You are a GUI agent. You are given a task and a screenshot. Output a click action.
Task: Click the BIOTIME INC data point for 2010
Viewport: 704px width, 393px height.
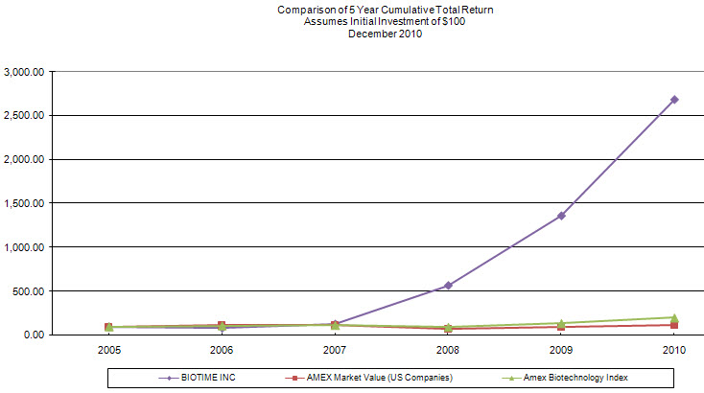click(x=674, y=100)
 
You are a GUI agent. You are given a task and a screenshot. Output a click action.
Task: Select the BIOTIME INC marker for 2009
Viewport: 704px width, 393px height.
click(x=561, y=216)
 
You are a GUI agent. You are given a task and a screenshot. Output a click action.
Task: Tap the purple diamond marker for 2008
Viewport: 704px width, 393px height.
click(x=448, y=286)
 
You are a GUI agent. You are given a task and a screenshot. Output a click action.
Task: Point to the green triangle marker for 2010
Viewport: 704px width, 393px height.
click(x=674, y=318)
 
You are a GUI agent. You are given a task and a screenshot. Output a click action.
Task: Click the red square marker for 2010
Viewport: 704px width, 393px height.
click(x=674, y=324)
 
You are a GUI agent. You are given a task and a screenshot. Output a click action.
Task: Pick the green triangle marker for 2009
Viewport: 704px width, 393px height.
click(x=561, y=323)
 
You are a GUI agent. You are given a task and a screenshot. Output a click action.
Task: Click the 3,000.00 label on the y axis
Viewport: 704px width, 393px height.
click(x=24, y=72)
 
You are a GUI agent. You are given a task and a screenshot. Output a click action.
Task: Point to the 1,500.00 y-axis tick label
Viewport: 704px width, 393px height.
click(x=24, y=203)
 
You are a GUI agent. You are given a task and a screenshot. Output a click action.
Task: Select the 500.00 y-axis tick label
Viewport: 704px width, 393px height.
click(x=29, y=291)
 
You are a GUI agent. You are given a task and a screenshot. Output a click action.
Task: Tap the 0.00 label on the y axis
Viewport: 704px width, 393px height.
click(x=34, y=335)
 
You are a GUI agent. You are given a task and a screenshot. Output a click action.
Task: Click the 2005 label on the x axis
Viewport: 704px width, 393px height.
click(x=109, y=350)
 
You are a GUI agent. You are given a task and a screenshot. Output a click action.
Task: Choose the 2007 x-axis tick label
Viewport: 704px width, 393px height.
click(x=335, y=350)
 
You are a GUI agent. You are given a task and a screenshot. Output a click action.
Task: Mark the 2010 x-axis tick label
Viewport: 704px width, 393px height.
click(x=674, y=350)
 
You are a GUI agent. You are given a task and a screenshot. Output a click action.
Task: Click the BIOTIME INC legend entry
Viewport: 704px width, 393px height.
click(x=198, y=378)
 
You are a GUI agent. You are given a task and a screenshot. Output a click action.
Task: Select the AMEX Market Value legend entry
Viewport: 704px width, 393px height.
click(x=368, y=378)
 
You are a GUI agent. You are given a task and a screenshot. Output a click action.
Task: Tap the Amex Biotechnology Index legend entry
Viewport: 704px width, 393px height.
click(x=565, y=378)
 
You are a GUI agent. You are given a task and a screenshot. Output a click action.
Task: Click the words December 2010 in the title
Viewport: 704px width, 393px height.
click(x=386, y=34)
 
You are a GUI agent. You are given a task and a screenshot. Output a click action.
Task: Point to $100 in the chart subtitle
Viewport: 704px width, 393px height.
click(x=454, y=21)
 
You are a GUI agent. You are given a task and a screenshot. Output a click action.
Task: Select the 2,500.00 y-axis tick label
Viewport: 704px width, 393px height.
click(x=24, y=116)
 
